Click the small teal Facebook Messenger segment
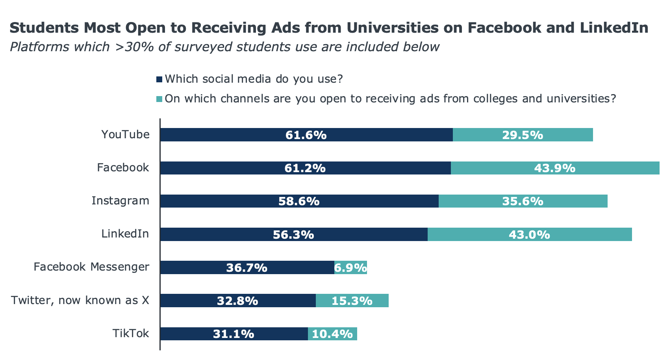tap(350, 268)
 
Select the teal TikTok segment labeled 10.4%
tap(332, 334)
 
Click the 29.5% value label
tap(523, 135)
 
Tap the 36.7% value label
tap(247, 268)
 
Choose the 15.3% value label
tap(352, 301)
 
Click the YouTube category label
tap(125, 135)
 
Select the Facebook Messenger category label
tap(91, 267)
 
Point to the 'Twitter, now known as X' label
tap(80, 301)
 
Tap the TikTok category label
tap(131, 334)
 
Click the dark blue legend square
tap(159, 80)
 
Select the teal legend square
tap(159, 99)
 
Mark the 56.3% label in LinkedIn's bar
tap(293, 235)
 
